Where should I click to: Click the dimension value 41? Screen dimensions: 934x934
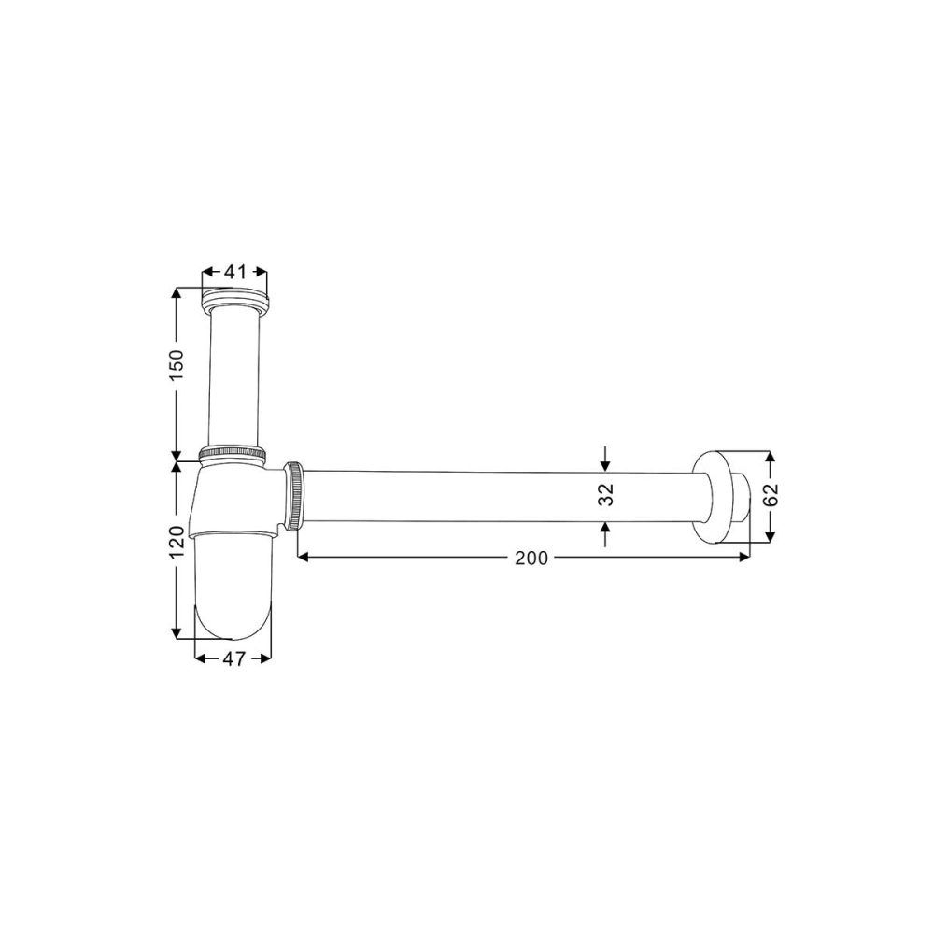234,272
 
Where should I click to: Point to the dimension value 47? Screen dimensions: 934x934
233,658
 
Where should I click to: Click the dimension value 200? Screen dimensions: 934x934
531,558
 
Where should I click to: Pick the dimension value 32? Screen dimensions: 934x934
605,495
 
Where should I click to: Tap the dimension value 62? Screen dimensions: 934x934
771,497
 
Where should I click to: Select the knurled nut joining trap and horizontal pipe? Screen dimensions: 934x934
294,496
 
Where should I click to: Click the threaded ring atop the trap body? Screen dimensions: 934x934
233,453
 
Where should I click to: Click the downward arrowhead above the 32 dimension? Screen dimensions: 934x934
605,464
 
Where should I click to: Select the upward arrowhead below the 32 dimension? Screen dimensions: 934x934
605,528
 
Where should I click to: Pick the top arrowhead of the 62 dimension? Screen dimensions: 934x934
771,459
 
